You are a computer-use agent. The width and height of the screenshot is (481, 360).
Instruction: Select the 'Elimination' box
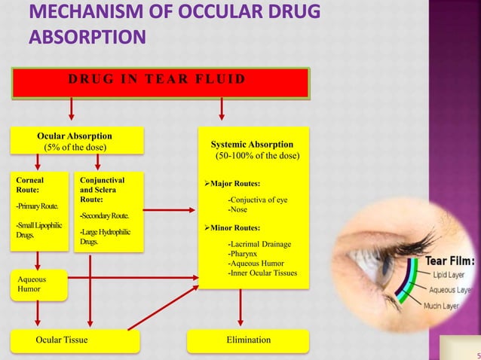(x=248, y=340)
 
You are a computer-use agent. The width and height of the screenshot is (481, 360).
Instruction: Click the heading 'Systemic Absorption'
(x=252, y=144)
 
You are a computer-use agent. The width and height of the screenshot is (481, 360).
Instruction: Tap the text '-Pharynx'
(x=244, y=254)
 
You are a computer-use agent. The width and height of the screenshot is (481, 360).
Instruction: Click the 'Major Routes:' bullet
(x=235, y=183)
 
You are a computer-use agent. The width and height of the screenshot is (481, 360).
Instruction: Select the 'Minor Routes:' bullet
(x=235, y=227)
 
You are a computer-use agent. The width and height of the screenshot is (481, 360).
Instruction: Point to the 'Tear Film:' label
(x=450, y=261)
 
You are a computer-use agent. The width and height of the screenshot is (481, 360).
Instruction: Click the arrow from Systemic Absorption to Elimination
(x=240, y=310)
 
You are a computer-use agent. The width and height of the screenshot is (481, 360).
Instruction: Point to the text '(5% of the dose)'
(x=75, y=147)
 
